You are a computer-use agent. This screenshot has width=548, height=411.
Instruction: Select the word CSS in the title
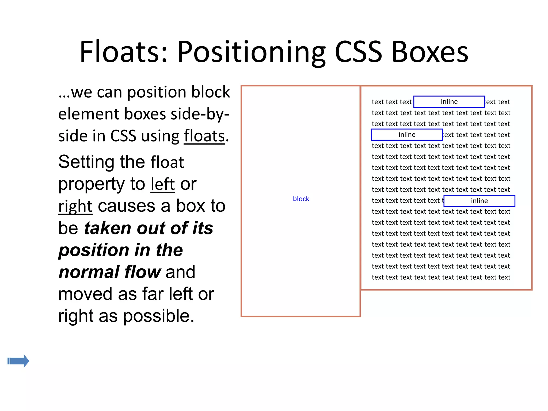tap(358, 52)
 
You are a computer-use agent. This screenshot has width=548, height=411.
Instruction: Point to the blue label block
tap(301, 199)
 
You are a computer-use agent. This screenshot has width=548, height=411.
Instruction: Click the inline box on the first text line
tap(449, 102)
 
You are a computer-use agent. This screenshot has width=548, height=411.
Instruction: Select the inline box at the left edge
tap(407, 135)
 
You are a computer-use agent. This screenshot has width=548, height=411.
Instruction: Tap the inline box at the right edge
tap(479, 201)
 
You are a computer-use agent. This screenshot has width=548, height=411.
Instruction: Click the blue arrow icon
tap(18, 361)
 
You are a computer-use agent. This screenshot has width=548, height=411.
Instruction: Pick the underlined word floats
tap(204, 136)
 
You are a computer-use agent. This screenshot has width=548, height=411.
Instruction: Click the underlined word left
tap(163, 184)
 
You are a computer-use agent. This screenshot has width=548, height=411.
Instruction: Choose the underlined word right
tap(75, 206)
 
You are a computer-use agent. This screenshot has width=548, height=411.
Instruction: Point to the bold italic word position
tap(94, 250)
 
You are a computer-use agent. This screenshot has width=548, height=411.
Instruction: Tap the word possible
tap(158, 316)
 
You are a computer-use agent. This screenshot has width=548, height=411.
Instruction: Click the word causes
tap(126, 206)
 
